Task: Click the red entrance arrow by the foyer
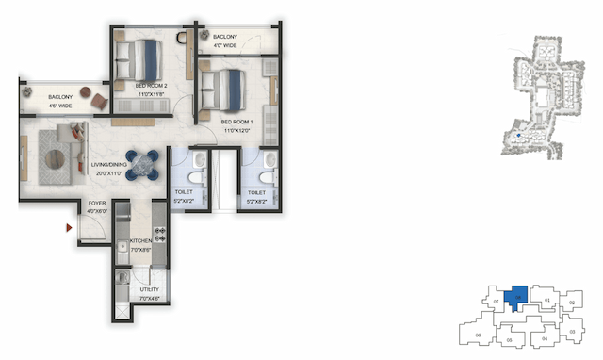click(69, 227)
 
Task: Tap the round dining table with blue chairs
click(144, 163)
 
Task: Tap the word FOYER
click(97, 204)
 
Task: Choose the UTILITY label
click(149, 290)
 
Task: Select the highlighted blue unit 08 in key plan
click(516, 300)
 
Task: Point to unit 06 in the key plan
click(477, 335)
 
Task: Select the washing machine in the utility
click(122, 279)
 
